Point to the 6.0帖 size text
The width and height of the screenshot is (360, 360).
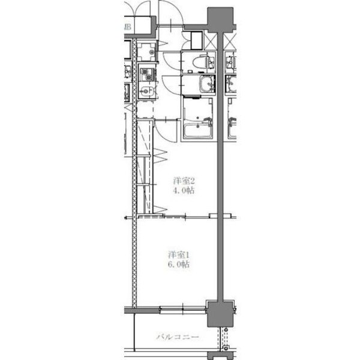[x=178, y=264]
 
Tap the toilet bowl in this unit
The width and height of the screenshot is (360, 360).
[x=203, y=61]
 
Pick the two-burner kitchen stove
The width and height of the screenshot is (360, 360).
[x=146, y=74]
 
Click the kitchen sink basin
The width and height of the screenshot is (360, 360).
[x=145, y=91]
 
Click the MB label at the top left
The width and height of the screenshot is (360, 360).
[x=127, y=27]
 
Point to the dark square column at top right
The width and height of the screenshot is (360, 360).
[x=220, y=18]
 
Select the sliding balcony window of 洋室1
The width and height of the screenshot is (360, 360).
[x=183, y=310]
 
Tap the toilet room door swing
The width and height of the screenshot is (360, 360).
[x=170, y=60]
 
